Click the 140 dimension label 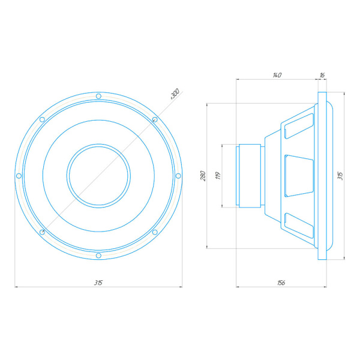[x=277, y=75]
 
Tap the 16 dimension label [x=322, y=75]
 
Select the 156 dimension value [x=281, y=283]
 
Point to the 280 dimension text [x=203, y=176]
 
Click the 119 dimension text [x=218, y=176]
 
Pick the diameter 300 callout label [x=175, y=94]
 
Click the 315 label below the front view [x=98, y=283]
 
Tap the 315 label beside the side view [x=340, y=176]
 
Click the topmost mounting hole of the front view [x=98, y=96]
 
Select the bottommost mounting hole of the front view [x=98, y=256]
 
